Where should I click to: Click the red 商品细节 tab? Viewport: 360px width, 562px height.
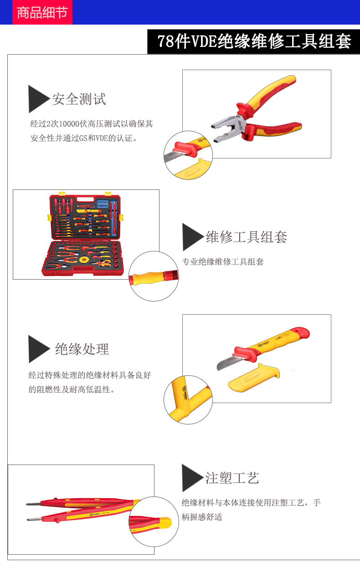[x=42, y=12]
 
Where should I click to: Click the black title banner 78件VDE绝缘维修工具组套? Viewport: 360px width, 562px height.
[x=253, y=41]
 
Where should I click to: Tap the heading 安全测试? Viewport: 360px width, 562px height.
[x=79, y=99]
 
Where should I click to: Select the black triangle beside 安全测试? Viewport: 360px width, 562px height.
[x=38, y=99]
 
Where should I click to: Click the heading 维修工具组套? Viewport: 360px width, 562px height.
[x=247, y=237]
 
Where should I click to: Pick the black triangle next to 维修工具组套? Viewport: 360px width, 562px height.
[x=192, y=237]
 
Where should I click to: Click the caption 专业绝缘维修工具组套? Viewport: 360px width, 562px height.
[x=223, y=262]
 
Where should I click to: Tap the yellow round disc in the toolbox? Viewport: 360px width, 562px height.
[x=83, y=260]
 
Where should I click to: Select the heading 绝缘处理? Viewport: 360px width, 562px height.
[x=82, y=349]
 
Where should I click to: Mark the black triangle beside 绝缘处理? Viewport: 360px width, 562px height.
[x=39, y=349]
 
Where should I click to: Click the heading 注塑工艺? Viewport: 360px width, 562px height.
[x=232, y=478]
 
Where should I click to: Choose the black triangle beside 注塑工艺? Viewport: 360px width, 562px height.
[x=192, y=478]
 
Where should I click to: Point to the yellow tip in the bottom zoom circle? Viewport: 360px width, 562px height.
[x=165, y=523]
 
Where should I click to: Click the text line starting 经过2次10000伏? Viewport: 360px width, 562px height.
[x=92, y=124]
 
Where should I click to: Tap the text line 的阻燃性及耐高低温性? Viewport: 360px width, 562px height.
[x=71, y=389]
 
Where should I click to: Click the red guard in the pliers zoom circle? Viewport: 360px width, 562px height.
[x=183, y=148]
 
